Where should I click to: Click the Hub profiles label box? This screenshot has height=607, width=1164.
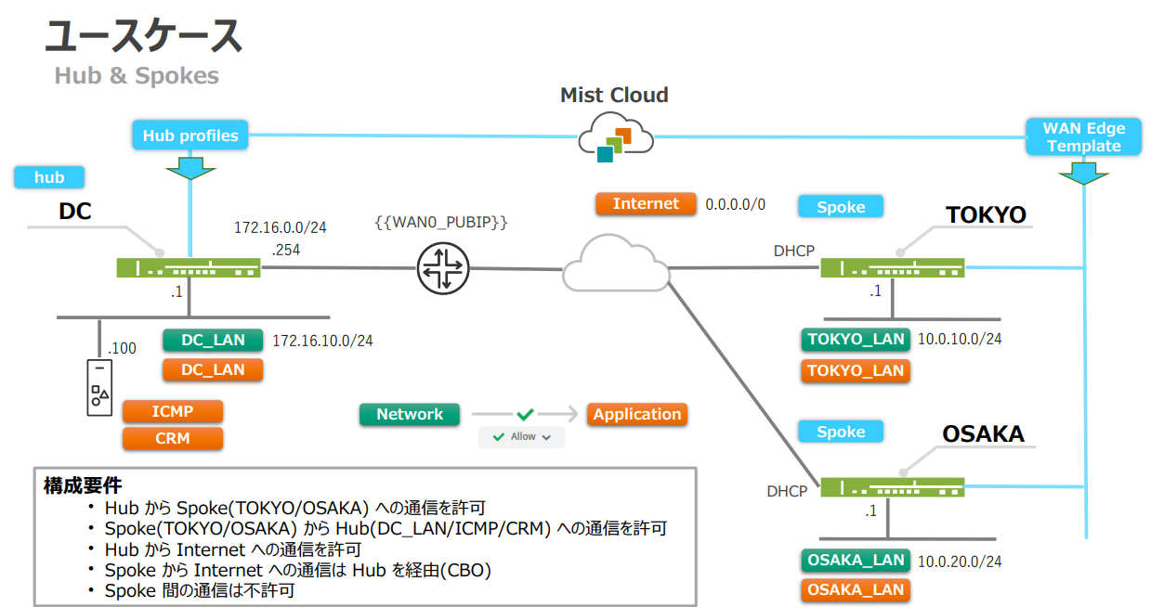(x=190, y=136)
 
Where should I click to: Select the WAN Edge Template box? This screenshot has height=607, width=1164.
(x=1083, y=136)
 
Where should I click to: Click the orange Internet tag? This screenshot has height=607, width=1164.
(x=646, y=204)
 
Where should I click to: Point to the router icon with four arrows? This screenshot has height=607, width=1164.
(x=443, y=268)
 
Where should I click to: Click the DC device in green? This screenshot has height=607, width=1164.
(x=189, y=268)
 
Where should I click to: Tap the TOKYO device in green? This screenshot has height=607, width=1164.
(x=893, y=268)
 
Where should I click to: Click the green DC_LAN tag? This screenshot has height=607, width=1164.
(x=213, y=341)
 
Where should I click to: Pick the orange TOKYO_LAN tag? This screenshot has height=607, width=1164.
(x=856, y=371)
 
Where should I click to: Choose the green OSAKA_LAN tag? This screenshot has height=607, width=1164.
(x=856, y=560)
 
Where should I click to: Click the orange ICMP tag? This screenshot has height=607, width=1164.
(x=173, y=411)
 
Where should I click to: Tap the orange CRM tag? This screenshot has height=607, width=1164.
(x=173, y=438)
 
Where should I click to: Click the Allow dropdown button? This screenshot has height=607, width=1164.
(x=522, y=436)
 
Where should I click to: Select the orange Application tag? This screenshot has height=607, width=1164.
(x=637, y=415)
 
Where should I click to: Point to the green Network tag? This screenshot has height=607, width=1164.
(x=410, y=415)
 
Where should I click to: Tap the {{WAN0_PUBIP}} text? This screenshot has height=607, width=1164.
(x=441, y=224)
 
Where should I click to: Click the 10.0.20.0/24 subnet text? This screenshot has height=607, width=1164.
(x=960, y=562)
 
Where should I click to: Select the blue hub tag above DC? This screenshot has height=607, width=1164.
(x=49, y=177)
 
